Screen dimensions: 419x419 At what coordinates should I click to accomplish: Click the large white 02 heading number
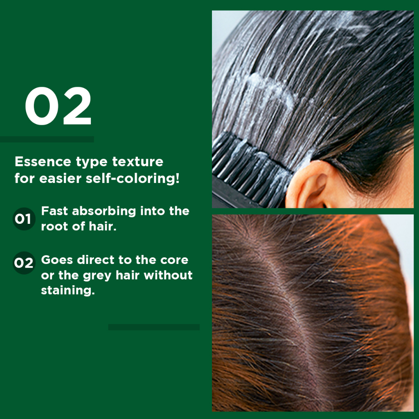coord(58,106)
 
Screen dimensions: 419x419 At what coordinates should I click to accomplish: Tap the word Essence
coord(43,161)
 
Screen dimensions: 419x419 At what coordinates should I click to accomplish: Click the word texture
coord(137,161)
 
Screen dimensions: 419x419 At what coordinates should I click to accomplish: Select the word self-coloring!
coord(133,178)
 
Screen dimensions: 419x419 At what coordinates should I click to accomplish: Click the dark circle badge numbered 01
coord(24,219)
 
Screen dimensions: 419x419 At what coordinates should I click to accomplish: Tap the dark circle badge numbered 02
coord(24,263)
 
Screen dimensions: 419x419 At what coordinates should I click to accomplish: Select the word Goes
coord(57,260)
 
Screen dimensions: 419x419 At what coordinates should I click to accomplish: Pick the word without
coord(168,275)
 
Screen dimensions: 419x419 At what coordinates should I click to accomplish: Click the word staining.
coord(68,290)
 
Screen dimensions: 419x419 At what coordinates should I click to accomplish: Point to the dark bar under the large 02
coord(47,139)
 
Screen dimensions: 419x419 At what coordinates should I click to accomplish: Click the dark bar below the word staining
coord(154,327)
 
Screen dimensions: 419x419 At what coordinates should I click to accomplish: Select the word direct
coord(96,260)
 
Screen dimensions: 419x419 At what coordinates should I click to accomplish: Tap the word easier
coord(60,178)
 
